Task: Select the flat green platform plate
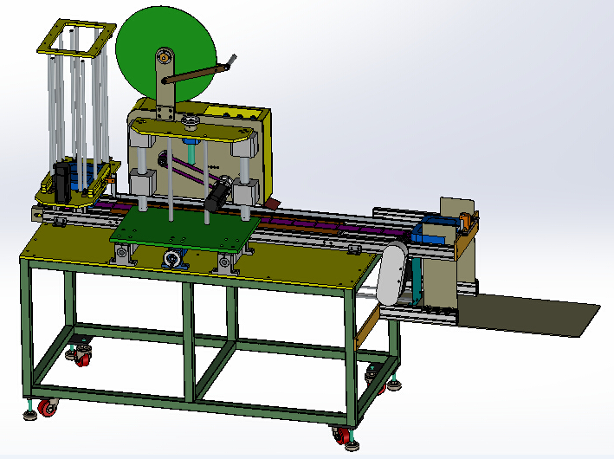click(x=186, y=229)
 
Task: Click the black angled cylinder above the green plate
click(x=217, y=192)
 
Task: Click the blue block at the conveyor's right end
click(x=430, y=232)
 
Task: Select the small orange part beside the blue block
click(x=465, y=223)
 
